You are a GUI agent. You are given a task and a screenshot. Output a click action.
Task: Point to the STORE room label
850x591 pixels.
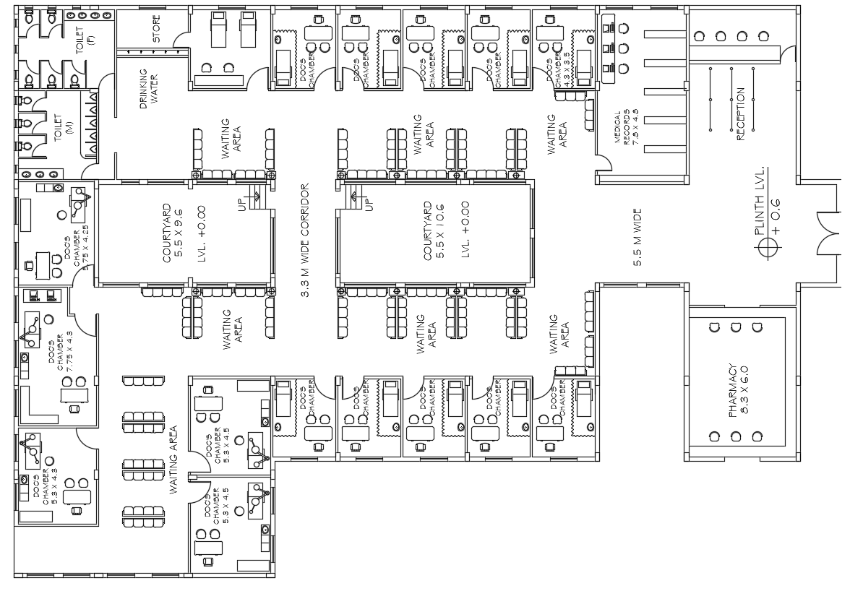point(157,30)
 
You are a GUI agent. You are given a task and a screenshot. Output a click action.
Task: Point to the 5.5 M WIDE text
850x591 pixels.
point(637,238)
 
